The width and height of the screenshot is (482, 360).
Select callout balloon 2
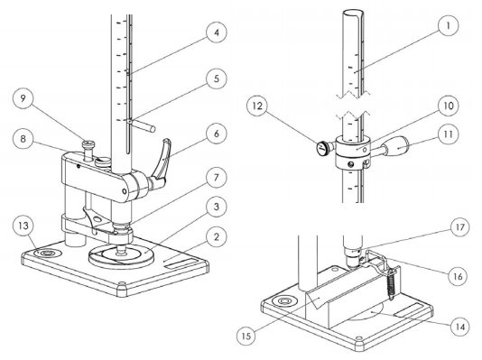[214, 237]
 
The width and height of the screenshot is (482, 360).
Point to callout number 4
[214, 36]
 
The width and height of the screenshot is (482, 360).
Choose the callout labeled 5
[214, 78]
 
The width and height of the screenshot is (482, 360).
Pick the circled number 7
[214, 174]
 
